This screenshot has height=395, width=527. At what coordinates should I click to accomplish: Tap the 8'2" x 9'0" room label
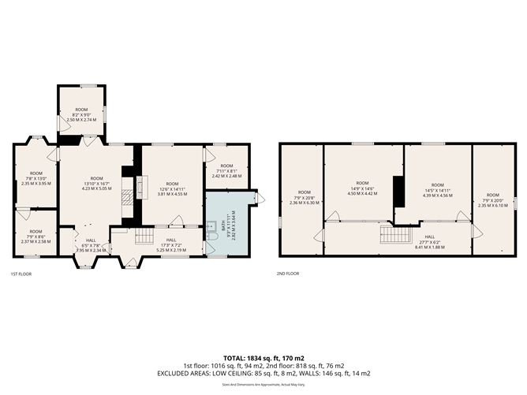click(81, 114)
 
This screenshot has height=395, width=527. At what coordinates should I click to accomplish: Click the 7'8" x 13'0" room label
click(36, 178)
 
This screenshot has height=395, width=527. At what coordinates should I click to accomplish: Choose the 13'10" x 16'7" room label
click(96, 183)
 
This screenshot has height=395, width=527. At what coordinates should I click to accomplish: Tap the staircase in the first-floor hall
click(144, 236)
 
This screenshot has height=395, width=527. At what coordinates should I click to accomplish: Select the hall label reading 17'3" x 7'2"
click(170, 244)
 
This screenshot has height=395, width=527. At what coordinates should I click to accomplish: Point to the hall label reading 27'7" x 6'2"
click(429, 241)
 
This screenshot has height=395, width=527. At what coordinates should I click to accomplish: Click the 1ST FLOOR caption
click(21, 274)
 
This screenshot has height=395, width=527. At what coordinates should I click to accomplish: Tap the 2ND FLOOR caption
click(288, 274)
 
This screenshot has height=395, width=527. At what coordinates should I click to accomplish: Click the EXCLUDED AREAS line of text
click(263, 373)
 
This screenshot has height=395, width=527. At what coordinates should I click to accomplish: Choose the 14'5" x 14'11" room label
click(438, 189)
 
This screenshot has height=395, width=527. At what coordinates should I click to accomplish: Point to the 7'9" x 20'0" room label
click(492, 199)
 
